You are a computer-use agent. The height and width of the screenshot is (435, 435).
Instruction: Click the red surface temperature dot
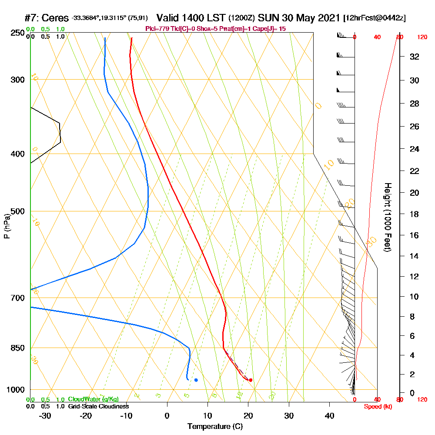(251, 380)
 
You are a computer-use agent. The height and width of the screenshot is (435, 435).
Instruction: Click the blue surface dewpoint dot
(196, 380)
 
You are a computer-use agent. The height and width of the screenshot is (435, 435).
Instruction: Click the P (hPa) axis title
(7, 226)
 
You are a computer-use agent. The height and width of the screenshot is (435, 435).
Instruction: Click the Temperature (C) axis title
(215, 426)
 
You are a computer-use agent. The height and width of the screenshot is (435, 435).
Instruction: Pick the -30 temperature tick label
(45, 415)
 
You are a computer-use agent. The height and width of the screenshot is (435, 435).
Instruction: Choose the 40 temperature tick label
(329, 415)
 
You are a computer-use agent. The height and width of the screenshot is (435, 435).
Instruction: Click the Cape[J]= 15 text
(272, 29)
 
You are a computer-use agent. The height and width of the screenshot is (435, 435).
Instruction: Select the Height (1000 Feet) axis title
(387, 217)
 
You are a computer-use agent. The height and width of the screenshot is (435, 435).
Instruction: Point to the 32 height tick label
(415, 57)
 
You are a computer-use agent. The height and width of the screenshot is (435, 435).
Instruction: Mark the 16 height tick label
(415, 235)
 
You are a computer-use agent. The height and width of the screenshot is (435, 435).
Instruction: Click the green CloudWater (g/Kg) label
(93, 399)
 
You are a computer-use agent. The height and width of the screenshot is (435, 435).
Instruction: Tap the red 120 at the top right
(422, 37)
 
